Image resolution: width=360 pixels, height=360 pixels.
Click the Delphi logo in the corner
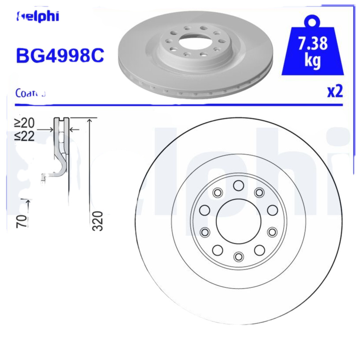click(x=38, y=17)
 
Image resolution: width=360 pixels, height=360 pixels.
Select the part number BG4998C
click(x=60, y=55)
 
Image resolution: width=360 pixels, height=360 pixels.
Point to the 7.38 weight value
click(x=313, y=44)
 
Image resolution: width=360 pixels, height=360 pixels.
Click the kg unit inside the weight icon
click(x=313, y=61)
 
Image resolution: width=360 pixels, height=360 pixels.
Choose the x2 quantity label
click(x=335, y=91)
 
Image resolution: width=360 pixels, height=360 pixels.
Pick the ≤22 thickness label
click(x=25, y=136)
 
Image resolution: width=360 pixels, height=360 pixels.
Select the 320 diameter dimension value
click(x=98, y=220)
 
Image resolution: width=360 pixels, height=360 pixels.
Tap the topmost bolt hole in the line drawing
click(x=238, y=185)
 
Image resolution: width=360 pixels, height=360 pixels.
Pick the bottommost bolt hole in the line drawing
click(x=238, y=256)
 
